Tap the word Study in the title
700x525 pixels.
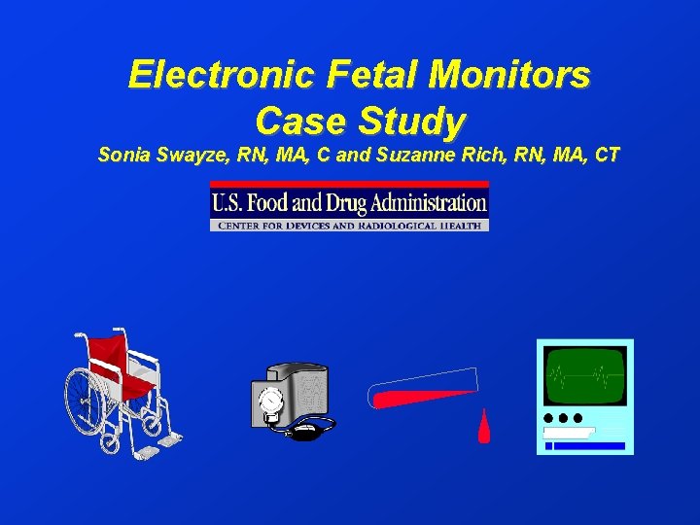413,121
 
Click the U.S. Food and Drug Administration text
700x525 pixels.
349,204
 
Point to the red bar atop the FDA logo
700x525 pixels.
349,185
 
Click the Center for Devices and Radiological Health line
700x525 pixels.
349,226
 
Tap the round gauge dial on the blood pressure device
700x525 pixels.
270,400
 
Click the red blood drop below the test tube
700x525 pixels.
483,427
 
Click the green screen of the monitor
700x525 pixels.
584,375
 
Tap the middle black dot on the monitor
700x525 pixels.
563,418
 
